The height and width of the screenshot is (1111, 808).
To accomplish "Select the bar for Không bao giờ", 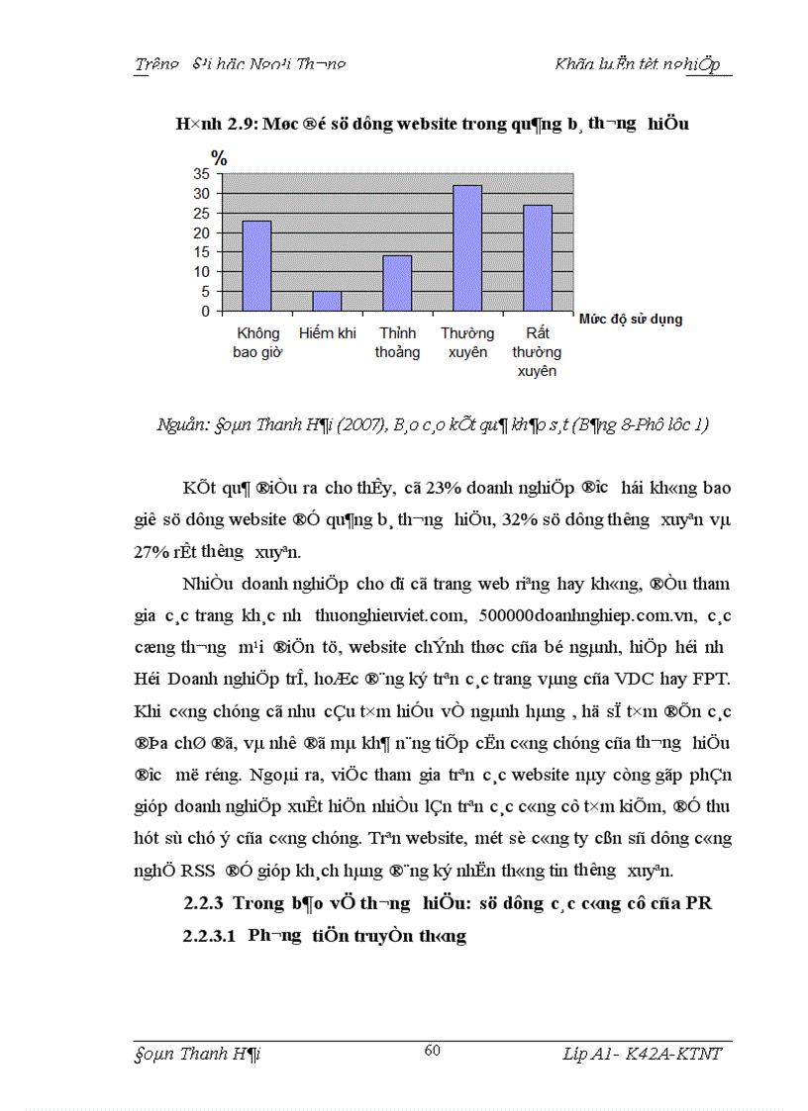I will (256, 266).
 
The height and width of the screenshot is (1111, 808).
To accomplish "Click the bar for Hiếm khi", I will (327, 301).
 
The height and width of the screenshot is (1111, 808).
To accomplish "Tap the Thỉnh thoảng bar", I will (397, 283).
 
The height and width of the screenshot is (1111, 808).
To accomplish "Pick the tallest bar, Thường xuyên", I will (467, 248).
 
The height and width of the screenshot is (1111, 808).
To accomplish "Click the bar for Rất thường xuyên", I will (537, 258).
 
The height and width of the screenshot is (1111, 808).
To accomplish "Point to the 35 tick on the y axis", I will (201, 173).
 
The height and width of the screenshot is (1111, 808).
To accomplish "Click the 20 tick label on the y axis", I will (201, 232).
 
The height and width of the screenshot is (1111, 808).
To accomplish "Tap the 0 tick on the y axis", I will (205, 311).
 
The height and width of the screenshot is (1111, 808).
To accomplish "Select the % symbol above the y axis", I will (219, 157).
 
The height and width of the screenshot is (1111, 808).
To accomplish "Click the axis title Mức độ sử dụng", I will (629, 320).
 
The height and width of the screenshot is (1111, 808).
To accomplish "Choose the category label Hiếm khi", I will (327, 333).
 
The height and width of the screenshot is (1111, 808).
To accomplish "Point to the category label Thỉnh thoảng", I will (397, 342).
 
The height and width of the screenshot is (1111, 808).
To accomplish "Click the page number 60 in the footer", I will (432, 1051).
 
